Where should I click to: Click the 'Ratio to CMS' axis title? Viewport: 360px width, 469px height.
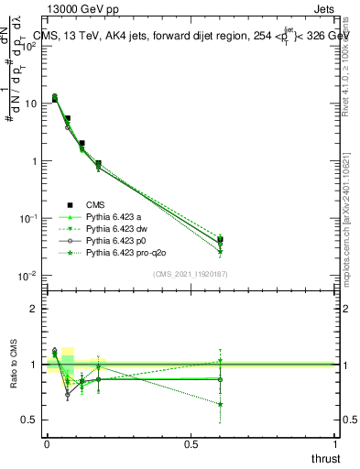click(x=16, y=366)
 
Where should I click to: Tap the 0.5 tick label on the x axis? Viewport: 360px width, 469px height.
click(x=191, y=443)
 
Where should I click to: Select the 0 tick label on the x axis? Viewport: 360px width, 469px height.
click(x=47, y=443)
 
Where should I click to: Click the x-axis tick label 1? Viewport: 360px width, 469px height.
click(x=334, y=443)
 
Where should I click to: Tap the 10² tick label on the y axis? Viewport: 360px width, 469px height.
click(x=28, y=46)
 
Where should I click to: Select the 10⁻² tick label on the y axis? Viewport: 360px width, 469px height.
click(x=27, y=276)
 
